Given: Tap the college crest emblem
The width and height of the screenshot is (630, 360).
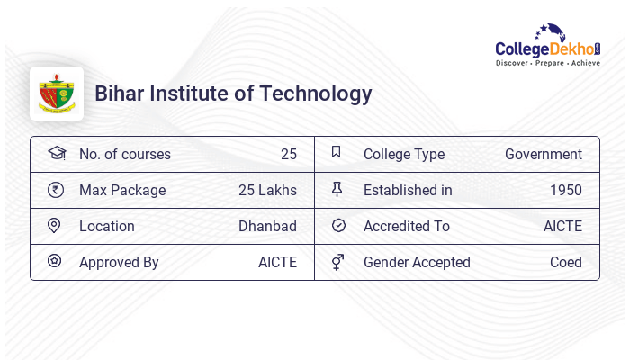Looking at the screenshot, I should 57,94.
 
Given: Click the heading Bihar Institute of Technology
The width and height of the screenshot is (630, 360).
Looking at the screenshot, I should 233,94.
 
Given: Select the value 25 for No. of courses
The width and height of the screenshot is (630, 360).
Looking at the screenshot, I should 288,155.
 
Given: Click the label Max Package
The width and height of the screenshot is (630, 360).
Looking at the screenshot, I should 122,191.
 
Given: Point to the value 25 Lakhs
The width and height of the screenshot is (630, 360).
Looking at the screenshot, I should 267,191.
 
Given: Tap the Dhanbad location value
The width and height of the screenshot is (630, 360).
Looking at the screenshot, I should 267,227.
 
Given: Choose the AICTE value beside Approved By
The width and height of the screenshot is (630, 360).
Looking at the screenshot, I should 277,263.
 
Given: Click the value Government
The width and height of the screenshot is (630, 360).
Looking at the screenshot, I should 543,155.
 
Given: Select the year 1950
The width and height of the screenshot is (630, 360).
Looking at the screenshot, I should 565,191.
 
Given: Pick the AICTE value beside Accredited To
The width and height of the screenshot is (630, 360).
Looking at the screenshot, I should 562,227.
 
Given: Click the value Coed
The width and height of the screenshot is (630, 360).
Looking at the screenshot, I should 565,263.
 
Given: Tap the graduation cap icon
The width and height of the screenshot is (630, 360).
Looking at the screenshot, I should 56,153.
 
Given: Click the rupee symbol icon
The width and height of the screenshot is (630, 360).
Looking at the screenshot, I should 55,190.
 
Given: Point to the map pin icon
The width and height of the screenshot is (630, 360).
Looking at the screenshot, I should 54,225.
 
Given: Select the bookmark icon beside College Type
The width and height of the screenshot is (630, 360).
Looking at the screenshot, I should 337,152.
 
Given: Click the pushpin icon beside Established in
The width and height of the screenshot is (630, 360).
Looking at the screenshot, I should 337,189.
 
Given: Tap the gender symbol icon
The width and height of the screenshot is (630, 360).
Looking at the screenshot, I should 337,262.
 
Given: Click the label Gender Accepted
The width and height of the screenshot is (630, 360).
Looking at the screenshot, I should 417,263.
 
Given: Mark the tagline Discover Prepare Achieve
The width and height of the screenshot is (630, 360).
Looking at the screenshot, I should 547,64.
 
